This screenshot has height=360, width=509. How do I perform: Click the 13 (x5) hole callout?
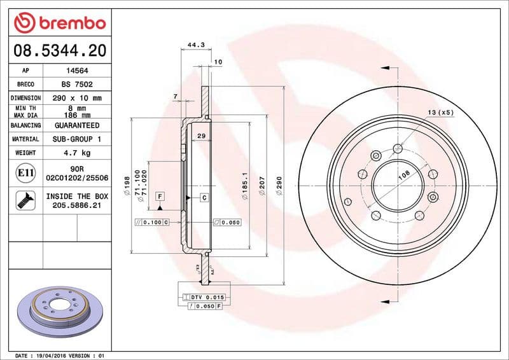440,113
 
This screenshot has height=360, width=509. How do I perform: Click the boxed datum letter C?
204,197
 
